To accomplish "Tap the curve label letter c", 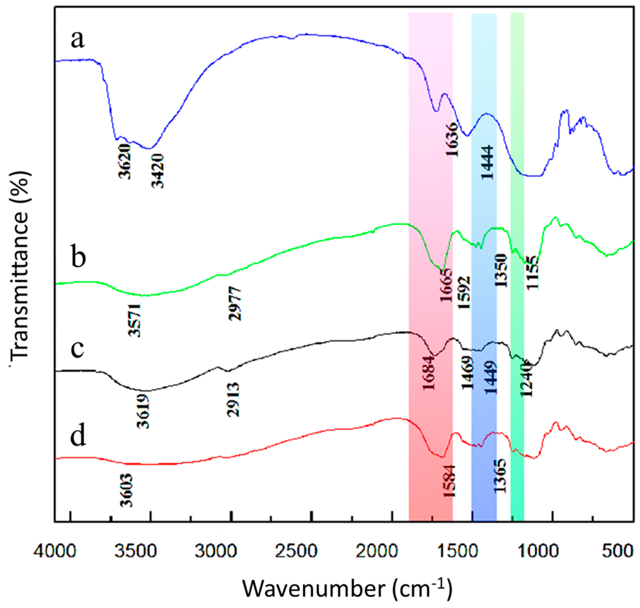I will click(x=78, y=349).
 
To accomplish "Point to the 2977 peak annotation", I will click(x=235, y=304).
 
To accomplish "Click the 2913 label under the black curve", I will click(x=233, y=399).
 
